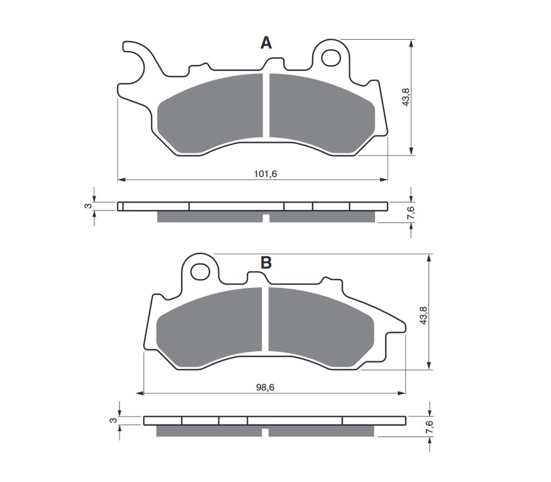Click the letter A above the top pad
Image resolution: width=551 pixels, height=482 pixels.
pyautogui.click(x=266, y=43)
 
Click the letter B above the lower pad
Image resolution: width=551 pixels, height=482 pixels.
pyautogui.click(x=266, y=263)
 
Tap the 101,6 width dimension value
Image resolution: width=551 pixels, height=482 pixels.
pyautogui.click(x=265, y=174)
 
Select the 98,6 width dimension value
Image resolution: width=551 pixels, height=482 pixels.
pyautogui.click(x=265, y=387)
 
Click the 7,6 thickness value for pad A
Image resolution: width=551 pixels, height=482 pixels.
pyautogui.click(x=411, y=213)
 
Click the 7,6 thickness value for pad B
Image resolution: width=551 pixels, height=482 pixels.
pyautogui.click(x=429, y=427)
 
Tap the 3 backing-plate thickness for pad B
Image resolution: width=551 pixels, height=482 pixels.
pyautogui.click(x=113, y=420)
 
